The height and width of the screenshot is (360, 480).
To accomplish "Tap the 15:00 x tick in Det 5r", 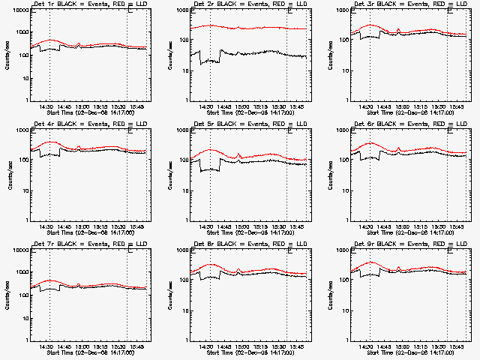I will [241, 226].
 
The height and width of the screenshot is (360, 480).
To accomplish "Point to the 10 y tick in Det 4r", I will [23, 190].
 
